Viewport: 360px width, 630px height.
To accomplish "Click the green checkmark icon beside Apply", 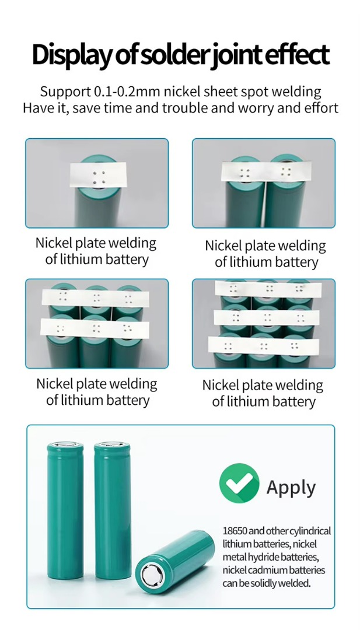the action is pos(239,483).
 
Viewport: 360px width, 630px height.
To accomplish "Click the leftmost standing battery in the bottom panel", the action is pos(65,510).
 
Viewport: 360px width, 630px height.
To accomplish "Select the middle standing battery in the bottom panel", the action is pos(113,510).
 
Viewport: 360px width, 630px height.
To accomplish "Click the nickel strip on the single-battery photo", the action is pos(98,175).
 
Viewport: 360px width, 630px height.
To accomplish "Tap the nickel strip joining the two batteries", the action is pos(267,171).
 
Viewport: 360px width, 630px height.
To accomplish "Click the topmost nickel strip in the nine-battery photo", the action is pos(268,289).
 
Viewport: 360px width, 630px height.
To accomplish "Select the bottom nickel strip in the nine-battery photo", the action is pos(264,346).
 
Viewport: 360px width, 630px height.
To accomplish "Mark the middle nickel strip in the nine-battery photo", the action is pos(267,318).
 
